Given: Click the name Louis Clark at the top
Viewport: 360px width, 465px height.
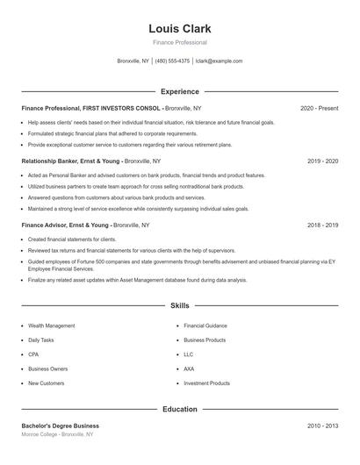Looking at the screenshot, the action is tap(180, 28).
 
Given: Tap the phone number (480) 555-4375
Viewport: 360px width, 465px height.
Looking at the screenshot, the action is tap(172, 61).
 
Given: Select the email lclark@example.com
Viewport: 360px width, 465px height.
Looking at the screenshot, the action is tap(219, 61).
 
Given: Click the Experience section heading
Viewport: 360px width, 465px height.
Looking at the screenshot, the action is tap(180, 91).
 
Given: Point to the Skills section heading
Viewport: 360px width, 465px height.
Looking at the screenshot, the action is tap(180, 306).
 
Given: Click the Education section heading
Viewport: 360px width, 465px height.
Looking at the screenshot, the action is tap(180, 409).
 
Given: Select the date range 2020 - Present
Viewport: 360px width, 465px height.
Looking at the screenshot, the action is tap(319, 108).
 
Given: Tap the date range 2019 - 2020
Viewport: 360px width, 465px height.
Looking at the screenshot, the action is tap(322, 161).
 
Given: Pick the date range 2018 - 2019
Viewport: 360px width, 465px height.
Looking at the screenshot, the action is tap(322, 225).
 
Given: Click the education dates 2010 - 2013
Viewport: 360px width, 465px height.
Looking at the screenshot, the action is tap(322, 426).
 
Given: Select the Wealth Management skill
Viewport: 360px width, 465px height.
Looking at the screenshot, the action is tap(52, 325).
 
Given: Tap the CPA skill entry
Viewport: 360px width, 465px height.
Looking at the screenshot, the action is tap(34, 354).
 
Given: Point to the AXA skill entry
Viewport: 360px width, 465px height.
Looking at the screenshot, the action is tap(189, 369).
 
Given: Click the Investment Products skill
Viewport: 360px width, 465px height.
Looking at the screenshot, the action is tap(206, 383).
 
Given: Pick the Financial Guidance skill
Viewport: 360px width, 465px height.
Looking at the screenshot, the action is tap(205, 325).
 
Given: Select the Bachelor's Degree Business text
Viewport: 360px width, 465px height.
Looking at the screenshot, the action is tap(60, 426).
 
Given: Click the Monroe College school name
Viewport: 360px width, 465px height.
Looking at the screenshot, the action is tap(40, 434).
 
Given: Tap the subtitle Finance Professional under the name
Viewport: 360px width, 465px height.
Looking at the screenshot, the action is tap(180, 42).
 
